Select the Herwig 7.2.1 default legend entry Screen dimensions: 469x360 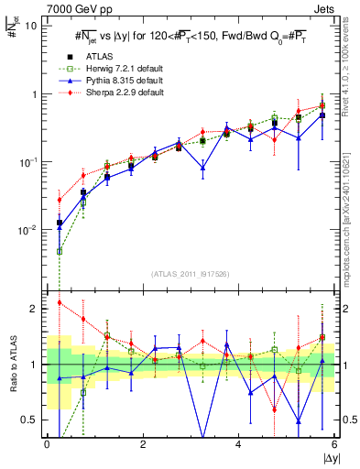click(x=115, y=68)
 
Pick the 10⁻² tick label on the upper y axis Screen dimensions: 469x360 click(x=29, y=230)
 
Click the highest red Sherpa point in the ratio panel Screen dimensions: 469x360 click(x=60, y=302)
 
